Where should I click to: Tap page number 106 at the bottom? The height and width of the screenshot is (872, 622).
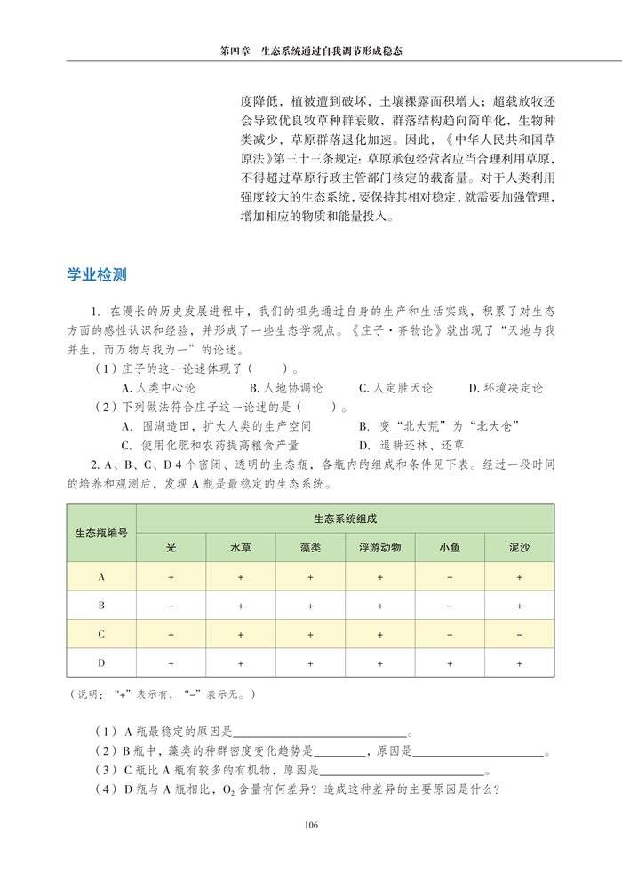pos(310,825)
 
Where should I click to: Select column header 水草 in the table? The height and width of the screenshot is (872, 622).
pos(241,547)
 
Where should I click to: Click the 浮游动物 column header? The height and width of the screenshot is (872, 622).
pos(379,547)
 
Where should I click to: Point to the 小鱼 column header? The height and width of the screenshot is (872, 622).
pos(450,547)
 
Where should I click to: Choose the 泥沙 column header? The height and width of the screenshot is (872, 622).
pos(519,547)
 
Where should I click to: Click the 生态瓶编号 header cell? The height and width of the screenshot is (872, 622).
pos(101,533)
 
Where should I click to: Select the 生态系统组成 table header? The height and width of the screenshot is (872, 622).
pos(345,519)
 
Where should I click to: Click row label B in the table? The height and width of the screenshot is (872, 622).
pos(101,606)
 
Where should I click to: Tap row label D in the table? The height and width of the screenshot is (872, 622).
pos(101,663)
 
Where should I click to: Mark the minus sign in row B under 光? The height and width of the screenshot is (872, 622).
pos(171,606)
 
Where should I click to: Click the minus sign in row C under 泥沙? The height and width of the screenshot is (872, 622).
pos(519,635)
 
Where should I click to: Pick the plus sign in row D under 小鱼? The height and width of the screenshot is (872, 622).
pos(450,663)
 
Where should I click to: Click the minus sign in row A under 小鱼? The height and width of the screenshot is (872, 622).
pos(450,577)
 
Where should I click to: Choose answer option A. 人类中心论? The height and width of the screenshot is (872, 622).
pos(157,388)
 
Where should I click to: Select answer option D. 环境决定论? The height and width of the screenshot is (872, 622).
pos(506,388)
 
